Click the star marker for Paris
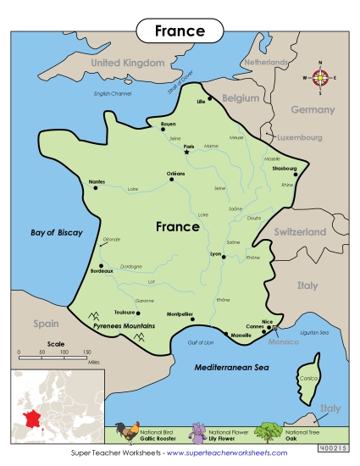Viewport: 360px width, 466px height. pyautogui.click(x=187, y=150)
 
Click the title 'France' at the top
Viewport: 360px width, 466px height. pyautogui.click(x=180, y=31)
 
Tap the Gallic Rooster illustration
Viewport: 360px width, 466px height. pyautogui.click(x=129, y=432)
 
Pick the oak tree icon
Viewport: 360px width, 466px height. pyautogui.click(x=269, y=432)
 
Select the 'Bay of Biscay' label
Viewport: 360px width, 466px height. pyautogui.click(x=57, y=232)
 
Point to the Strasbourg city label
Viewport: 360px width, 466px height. pyautogui.click(x=285, y=169)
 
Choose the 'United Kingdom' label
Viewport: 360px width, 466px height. pyautogui.click(x=127, y=63)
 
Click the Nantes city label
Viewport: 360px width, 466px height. pyautogui.click(x=97, y=181)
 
